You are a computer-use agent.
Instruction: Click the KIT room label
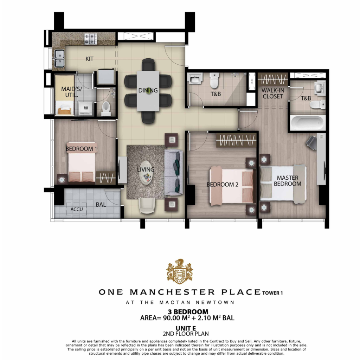[89, 59]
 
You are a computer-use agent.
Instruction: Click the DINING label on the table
[148, 90]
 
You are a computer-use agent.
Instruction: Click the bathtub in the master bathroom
[307, 122]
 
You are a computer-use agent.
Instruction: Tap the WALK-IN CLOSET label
[273, 94]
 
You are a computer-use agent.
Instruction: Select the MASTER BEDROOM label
[288, 181]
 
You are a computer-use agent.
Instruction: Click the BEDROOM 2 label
[222, 184]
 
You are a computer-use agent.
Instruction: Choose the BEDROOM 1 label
[81, 149]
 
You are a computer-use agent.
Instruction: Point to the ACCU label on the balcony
[76, 210]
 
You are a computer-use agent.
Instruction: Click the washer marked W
[86, 108]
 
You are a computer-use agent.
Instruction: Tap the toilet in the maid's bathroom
[106, 109]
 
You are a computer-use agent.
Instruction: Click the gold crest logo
[180, 272]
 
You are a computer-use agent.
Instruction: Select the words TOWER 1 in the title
[272, 293]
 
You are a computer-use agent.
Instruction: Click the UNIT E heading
[186, 329]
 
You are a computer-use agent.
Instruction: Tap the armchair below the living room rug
[147, 205]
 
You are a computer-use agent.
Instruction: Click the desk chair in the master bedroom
[311, 143]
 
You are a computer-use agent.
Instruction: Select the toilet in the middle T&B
[214, 81]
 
